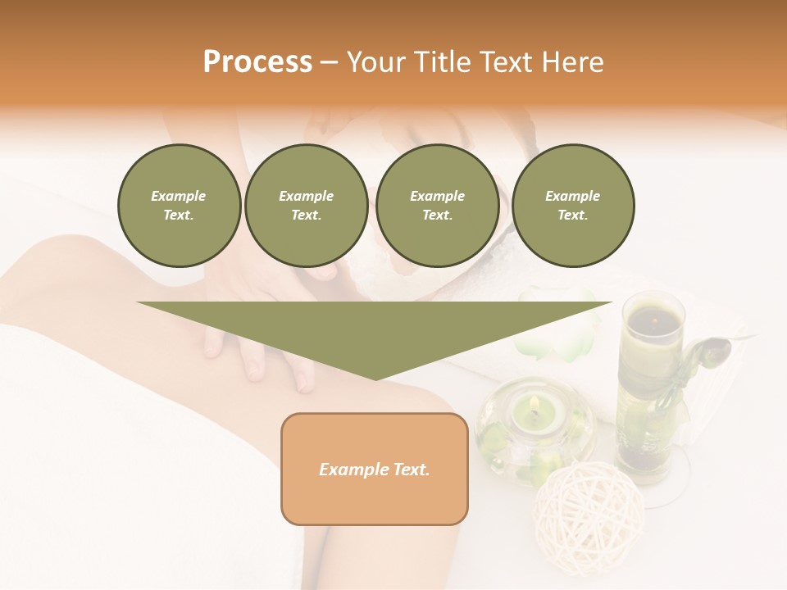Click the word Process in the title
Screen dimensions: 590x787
tap(257, 62)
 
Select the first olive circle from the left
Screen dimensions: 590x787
tap(179, 206)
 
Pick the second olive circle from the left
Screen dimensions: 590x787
tap(306, 206)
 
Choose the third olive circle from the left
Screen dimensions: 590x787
tap(437, 206)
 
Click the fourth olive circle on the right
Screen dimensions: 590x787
tap(572, 206)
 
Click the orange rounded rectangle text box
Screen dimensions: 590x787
tap(375, 469)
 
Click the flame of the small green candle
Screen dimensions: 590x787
tap(535, 403)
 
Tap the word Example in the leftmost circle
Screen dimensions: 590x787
tap(179, 196)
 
